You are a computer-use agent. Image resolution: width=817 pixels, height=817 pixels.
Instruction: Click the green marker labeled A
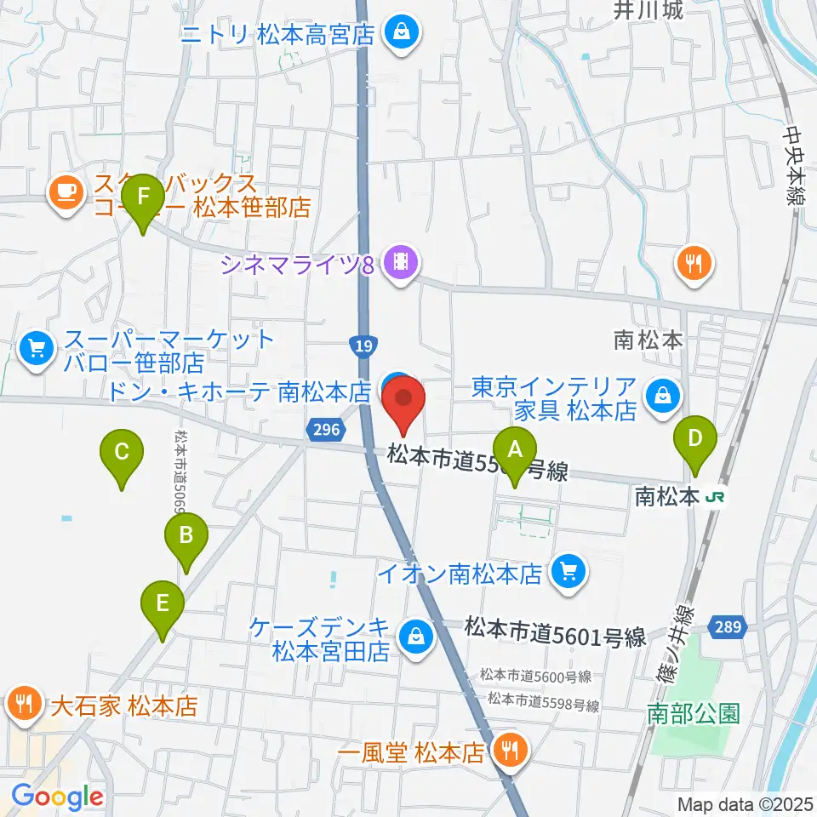[x=515, y=448]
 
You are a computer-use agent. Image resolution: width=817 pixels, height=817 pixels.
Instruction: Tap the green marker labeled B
[x=187, y=536]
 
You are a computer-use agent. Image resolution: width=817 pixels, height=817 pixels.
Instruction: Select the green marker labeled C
[x=122, y=451]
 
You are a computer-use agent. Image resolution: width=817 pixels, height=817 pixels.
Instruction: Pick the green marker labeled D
[x=695, y=440]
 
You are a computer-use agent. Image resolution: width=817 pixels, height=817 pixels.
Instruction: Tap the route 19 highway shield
[x=361, y=346]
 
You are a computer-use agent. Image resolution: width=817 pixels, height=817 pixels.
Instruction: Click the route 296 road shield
[x=324, y=431]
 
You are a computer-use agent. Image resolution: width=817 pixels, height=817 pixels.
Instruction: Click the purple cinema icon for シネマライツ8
[x=398, y=263]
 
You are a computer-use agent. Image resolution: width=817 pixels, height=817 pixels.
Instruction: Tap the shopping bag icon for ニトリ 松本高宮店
[x=398, y=35]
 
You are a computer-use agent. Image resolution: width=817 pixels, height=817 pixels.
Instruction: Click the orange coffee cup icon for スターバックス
[x=66, y=191]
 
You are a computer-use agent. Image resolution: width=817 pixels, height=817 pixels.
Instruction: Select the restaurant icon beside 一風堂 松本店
[x=511, y=751]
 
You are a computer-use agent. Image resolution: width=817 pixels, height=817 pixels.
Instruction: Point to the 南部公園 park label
[x=693, y=713]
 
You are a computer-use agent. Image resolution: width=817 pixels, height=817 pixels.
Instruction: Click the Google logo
[x=57, y=797]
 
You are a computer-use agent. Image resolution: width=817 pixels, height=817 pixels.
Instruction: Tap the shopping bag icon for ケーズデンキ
[x=416, y=634]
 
